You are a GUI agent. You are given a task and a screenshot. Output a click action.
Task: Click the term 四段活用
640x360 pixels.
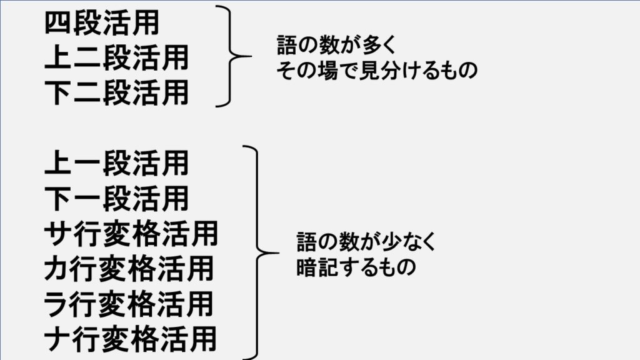(x=102, y=24)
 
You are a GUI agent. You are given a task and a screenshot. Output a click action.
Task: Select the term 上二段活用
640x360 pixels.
(x=116, y=58)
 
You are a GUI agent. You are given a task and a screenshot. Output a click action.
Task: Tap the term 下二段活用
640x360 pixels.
(x=116, y=93)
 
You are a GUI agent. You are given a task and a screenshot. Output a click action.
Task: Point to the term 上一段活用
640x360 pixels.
(x=116, y=164)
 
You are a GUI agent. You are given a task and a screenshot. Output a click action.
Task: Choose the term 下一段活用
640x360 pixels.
(x=116, y=199)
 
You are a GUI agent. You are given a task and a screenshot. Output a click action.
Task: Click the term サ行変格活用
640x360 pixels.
(x=131, y=234)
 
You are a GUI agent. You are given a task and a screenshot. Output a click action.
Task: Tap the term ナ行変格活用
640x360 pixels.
(x=131, y=340)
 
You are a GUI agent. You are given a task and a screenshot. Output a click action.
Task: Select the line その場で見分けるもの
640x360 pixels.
(x=377, y=70)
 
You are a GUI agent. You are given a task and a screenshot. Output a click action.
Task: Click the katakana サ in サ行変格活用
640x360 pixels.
(x=58, y=234)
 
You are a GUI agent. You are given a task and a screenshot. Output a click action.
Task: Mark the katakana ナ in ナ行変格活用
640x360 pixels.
(x=58, y=340)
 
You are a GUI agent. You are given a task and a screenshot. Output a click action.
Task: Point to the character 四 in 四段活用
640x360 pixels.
(x=58, y=24)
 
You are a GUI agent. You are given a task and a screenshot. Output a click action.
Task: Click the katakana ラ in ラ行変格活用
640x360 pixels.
(x=58, y=305)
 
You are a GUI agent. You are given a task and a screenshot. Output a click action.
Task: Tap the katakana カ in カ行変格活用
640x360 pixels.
(x=58, y=269)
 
